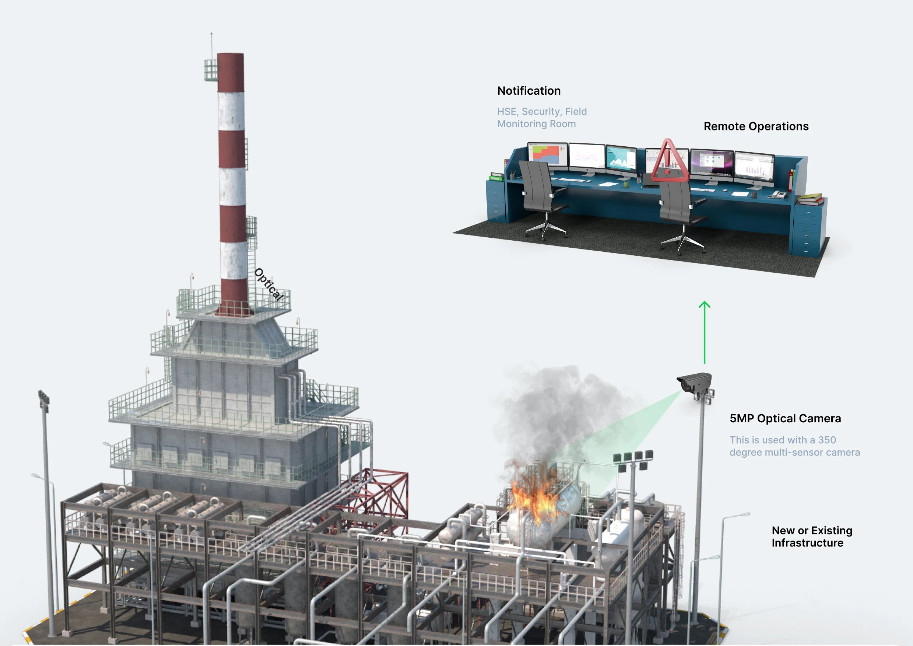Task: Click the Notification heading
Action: tap(529, 91)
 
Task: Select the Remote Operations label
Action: tap(756, 126)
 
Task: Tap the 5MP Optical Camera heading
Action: tap(785, 419)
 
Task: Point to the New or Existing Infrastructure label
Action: tap(812, 537)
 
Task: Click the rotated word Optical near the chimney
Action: tap(269, 284)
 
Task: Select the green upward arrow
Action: tap(704, 332)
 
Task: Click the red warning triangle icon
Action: tap(669, 161)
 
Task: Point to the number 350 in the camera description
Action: tap(827, 440)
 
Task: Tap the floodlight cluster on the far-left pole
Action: tap(44, 400)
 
